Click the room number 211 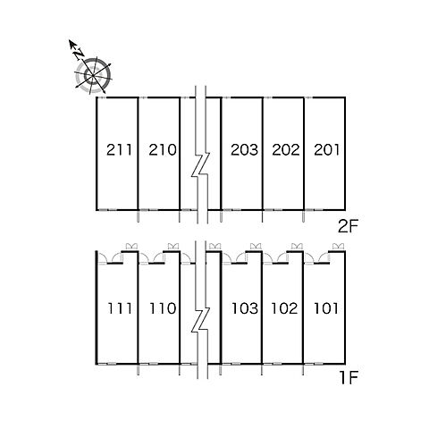(119, 149)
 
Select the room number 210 (163, 149)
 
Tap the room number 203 (244, 149)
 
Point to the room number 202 (286, 149)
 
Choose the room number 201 (326, 149)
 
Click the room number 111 (120, 308)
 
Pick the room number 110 (163, 308)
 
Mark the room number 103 (245, 308)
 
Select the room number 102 (284, 308)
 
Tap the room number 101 (326, 308)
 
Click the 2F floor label (348, 227)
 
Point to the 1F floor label (349, 378)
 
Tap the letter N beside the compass (79, 54)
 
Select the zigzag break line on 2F (200, 164)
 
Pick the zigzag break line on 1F (200, 320)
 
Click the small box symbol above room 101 (338, 247)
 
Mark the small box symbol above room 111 (131, 247)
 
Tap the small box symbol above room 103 (256, 247)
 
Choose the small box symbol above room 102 (297, 247)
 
